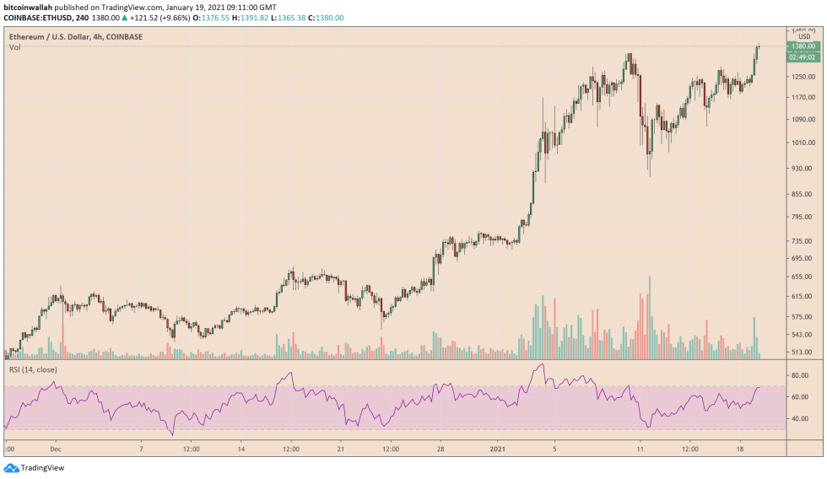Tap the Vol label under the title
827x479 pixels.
15,47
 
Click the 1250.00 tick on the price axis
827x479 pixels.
802,77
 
